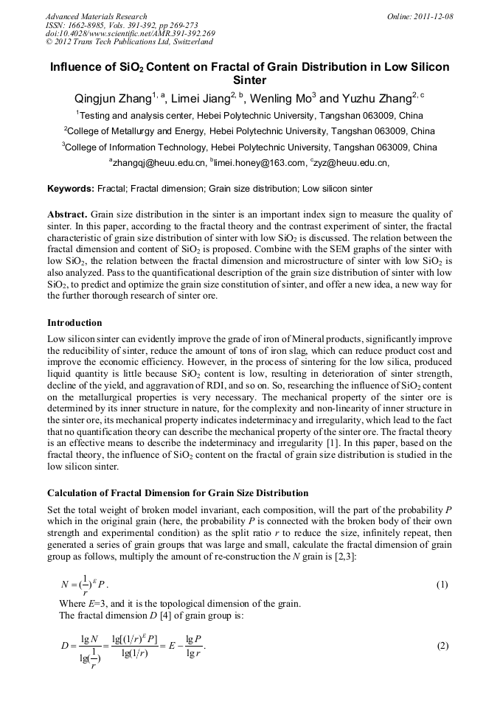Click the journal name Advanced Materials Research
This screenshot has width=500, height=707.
96,16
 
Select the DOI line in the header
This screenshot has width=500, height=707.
130,33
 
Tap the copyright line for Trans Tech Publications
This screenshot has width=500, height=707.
129,42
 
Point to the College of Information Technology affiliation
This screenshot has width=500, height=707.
249,147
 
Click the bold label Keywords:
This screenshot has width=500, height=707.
71,189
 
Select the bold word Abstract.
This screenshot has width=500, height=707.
68,214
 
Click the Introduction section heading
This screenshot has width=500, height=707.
74,323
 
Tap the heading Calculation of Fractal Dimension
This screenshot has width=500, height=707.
178,492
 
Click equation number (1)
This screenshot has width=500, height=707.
441,585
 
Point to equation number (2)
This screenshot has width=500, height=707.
441,647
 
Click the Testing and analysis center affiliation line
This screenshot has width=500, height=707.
249,115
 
